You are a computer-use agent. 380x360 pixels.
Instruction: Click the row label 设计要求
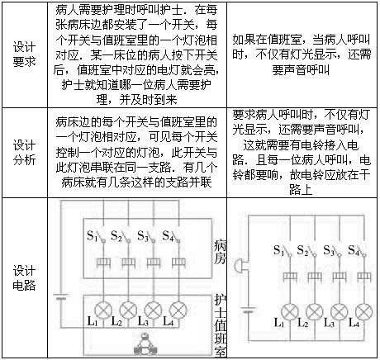(24, 54)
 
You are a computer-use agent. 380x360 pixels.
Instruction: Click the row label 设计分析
(24, 153)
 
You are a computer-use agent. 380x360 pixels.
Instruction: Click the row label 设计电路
(24, 278)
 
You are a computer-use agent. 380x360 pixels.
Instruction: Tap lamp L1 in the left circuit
(103, 310)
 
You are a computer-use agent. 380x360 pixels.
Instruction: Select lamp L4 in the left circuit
(178, 310)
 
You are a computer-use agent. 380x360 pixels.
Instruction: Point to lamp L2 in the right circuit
(315, 312)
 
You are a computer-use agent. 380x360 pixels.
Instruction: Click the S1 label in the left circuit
(93, 236)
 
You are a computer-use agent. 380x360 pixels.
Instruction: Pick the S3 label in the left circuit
(143, 236)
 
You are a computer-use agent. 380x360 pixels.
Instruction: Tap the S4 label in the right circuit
(354, 250)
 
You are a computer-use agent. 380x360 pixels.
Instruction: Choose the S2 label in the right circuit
(303, 250)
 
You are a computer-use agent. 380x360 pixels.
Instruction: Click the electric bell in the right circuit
(239, 266)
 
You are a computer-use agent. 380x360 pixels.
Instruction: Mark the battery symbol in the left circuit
(61, 297)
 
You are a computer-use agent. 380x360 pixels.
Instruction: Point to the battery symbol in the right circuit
(249, 310)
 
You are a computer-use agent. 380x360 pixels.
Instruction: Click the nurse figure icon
(145, 344)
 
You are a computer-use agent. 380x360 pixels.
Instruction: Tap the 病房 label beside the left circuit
(220, 252)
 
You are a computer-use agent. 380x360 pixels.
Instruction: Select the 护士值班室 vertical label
(221, 326)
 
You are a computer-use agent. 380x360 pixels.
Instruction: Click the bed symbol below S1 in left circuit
(103, 263)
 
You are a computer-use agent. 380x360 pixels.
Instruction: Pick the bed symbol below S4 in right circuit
(364, 277)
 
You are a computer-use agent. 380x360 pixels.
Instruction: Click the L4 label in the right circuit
(354, 323)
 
